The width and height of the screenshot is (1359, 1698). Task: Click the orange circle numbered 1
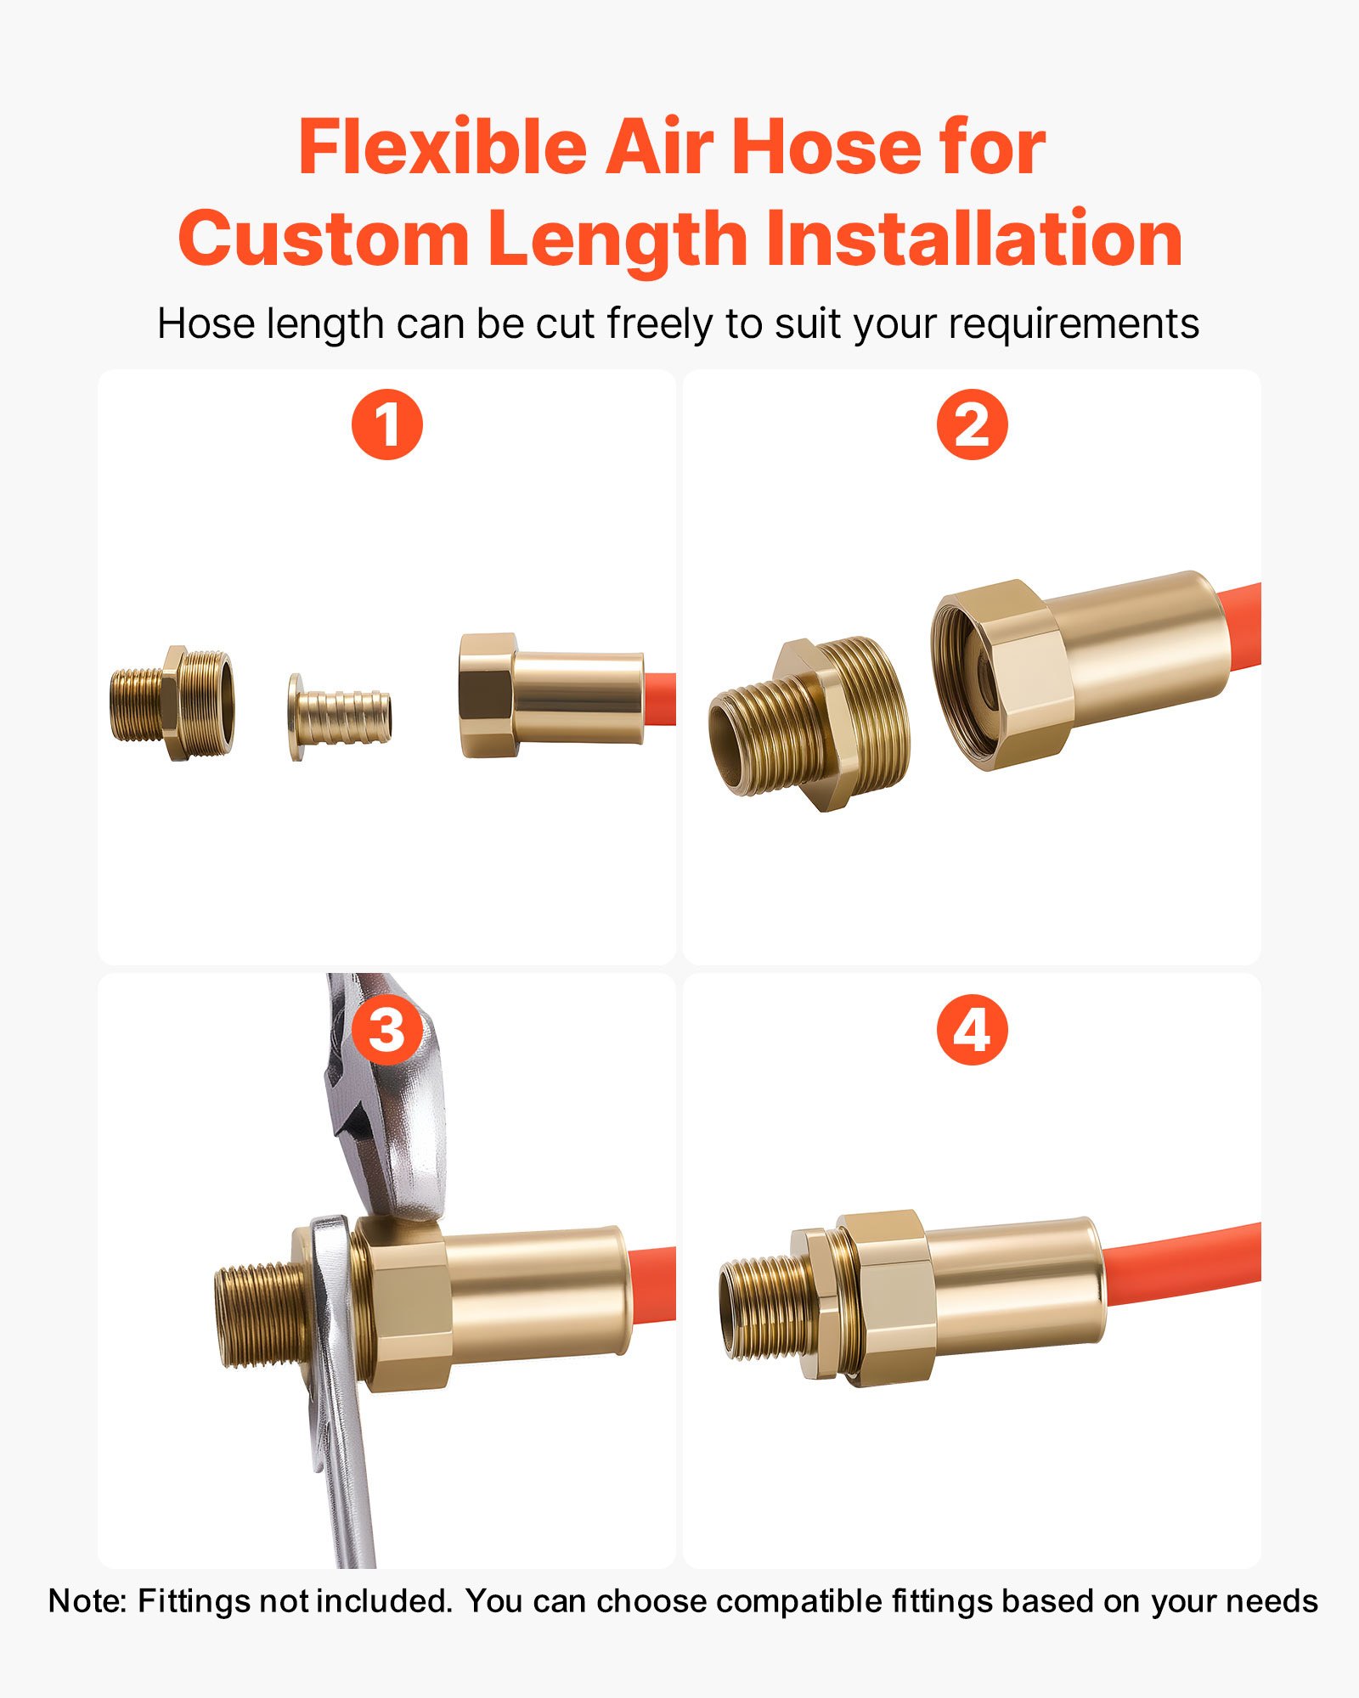pyautogui.click(x=387, y=424)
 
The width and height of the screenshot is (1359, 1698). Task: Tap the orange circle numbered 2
pyautogui.click(x=972, y=424)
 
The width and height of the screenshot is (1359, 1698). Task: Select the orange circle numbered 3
pyautogui.click(x=387, y=1030)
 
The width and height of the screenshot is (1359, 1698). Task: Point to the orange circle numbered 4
pyautogui.click(x=972, y=1030)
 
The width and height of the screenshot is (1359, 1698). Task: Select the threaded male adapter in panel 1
pyautogui.click(x=172, y=703)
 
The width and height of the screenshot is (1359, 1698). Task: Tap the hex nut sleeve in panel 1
pyautogui.click(x=550, y=694)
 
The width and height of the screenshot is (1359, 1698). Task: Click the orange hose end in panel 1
pyautogui.click(x=661, y=699)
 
